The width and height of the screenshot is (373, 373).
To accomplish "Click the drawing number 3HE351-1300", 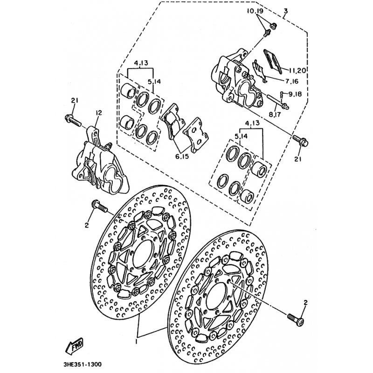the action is pyautogui.click(x=83, y=364).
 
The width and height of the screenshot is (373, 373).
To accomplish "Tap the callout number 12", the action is pyautogui.click(x=98, y=112).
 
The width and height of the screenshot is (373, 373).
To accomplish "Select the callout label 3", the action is pyautogui.click(x=285, y=11).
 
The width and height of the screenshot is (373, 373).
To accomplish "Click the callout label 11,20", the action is pyautogui.click(x=297, y=70).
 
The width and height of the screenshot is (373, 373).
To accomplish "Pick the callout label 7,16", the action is pyautogui.click(x=292, y=81).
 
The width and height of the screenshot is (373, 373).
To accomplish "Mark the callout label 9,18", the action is pyautogui.click(x=295, y=94).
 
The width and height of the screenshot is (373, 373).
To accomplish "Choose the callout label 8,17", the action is pyautogui.click(x=275, y=114).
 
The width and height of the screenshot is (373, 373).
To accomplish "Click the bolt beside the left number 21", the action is pyautogui.click(x=73, y=120).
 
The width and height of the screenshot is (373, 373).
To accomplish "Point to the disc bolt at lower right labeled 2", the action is pyautogui.click(x=296, y=319).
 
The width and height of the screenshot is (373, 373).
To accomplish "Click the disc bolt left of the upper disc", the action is pyautogui.click(x=100, y=206).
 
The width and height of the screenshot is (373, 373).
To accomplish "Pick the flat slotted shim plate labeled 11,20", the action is pyautogui.click(x=273, y=61).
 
